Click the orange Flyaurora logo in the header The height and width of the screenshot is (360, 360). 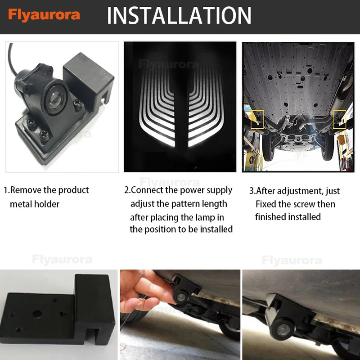[x=44, y=15]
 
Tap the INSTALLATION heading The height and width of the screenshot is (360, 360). [x=179, y=15]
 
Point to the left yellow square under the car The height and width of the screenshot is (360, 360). [x=257, y=119]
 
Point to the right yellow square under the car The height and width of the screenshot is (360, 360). [x=340, y=119]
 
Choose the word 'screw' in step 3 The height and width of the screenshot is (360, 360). [x=303, y=204]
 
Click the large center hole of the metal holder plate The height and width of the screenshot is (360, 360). [x=37, y=314]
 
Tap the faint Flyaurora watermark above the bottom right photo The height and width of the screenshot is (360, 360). [x=292, y=261]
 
